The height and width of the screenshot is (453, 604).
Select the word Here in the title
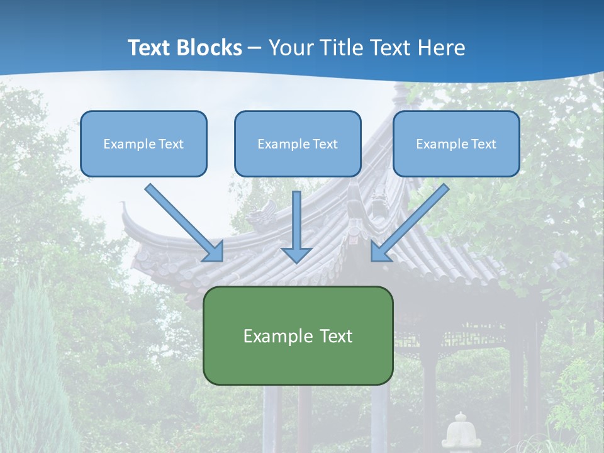[443, 48]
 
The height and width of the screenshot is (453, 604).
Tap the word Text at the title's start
[151, 48]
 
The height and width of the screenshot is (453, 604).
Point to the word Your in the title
[289, 48]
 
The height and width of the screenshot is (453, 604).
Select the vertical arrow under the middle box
[297, 220]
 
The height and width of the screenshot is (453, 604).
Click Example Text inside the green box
[298, 336]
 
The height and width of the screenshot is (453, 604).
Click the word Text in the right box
[483, 144]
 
